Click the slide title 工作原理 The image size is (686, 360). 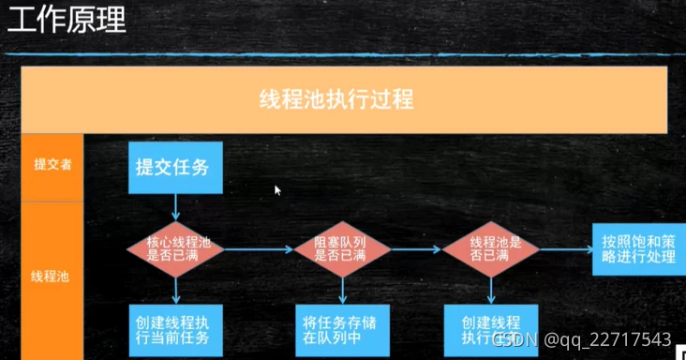pos(67,20)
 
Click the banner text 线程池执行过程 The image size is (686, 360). pos(336,99)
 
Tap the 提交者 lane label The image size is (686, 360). pos(52,163)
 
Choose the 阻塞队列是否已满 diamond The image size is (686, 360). pos(340,248)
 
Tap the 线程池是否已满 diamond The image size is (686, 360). pos(490,248)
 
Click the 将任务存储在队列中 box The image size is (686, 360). pos(340,328)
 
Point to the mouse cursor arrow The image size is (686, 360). pos(277,189)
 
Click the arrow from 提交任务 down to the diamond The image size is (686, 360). pos(176,207)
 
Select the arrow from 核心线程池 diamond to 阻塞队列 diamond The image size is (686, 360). pos(259,249)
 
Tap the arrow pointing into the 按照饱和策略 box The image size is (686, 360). pos(565,249)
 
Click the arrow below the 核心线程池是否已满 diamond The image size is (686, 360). pos(176,290)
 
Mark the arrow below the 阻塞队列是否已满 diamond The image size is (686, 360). pos(340,290)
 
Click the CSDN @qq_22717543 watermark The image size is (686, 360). pos(582,338)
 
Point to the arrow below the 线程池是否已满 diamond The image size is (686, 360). pos(490,290)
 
